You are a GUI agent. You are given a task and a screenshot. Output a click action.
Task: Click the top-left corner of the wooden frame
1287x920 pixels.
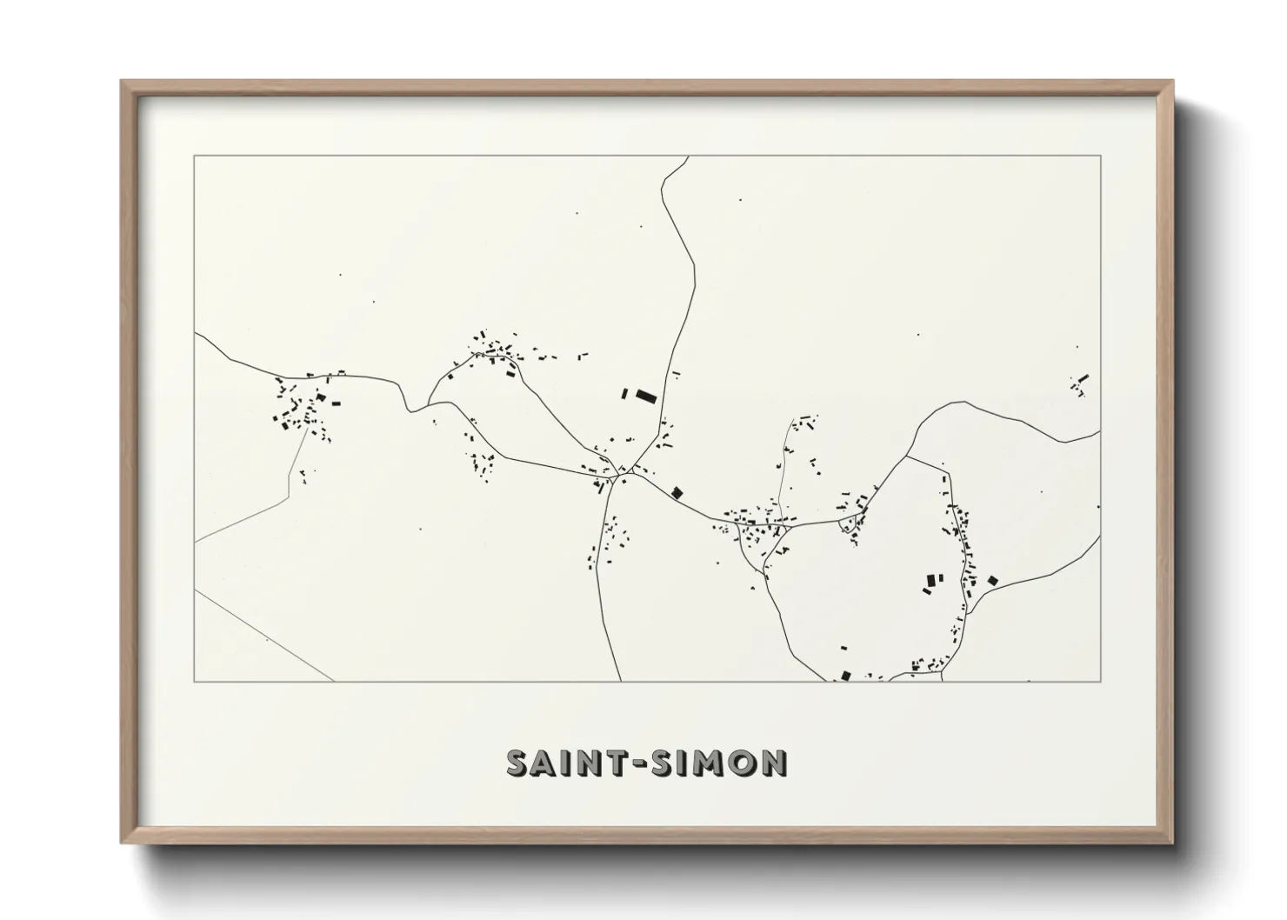point(122,82)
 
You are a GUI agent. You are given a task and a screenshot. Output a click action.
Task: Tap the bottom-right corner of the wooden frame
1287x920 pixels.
point(1172,843)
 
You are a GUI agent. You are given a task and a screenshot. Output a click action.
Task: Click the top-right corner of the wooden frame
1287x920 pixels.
point(1172,82)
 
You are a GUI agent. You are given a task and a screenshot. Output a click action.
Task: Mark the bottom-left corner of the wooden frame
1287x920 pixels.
point(122,843)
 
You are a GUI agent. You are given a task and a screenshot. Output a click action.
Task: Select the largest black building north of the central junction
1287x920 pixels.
point(644,397)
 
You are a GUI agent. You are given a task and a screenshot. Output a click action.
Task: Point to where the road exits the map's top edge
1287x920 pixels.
point(689,157)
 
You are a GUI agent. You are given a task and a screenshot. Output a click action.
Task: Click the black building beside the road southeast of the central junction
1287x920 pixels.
point(677,493)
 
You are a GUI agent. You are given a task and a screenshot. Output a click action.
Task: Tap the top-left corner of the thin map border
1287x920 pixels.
point(194,157)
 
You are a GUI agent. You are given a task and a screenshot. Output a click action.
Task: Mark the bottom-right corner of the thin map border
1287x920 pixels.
point(1101,681)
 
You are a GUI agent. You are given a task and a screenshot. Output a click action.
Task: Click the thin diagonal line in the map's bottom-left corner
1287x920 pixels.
point(261,634)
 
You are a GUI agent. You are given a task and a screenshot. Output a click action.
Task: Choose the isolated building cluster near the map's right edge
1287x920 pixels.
point(1080,384)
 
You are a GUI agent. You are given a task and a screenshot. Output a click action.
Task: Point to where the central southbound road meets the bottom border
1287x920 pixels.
point(620,680)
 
